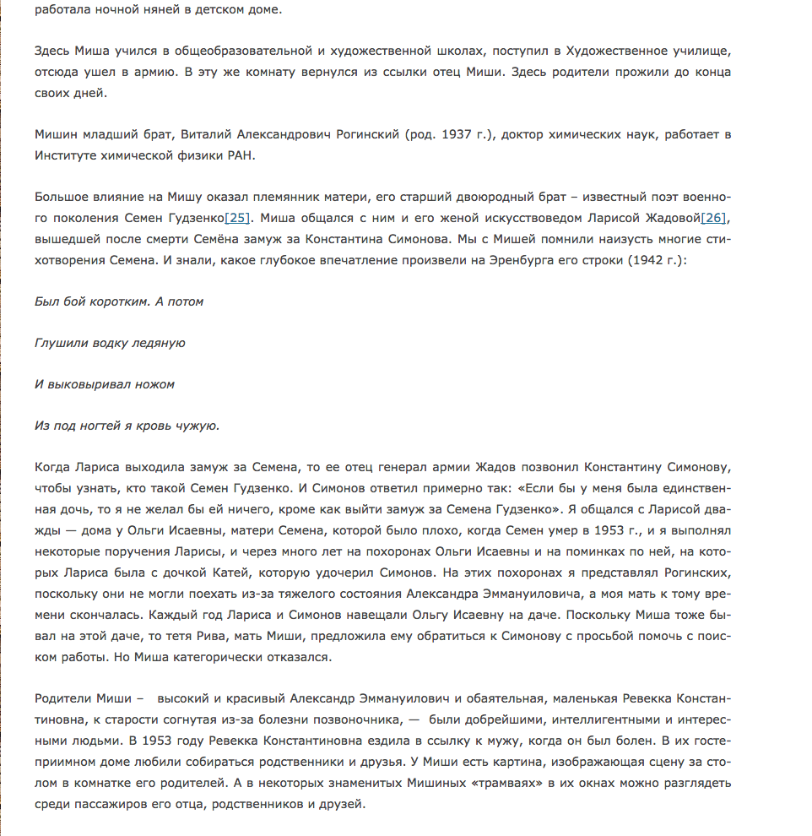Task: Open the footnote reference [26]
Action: click(x=713, y=218)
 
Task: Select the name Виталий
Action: click(x=219, y=134)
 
